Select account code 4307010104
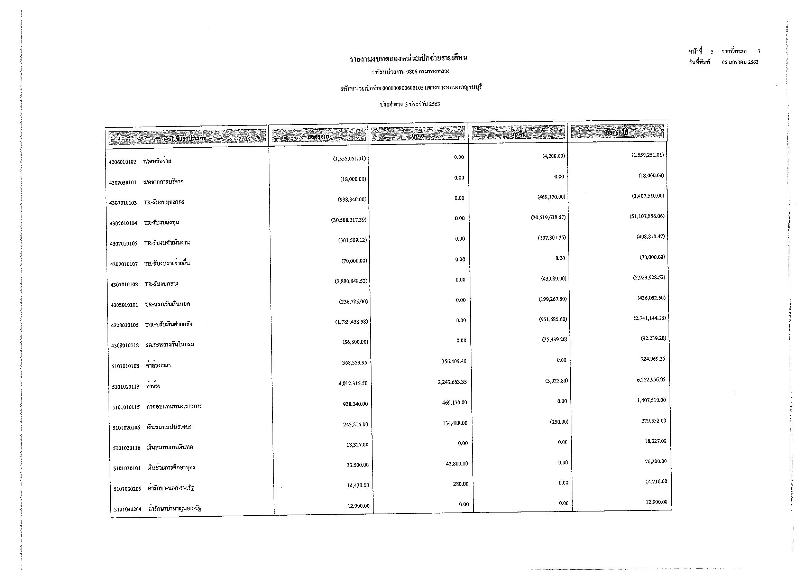123,223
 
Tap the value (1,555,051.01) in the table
349,158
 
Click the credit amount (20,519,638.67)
548,217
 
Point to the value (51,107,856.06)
647,216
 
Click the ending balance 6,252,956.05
651,380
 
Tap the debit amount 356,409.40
454,361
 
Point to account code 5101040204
128,509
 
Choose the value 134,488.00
455,423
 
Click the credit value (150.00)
559,422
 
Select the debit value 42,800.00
457,464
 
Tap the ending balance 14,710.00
656,481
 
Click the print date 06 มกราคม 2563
740,62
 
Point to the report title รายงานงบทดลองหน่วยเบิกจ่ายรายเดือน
408,58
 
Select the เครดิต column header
518,134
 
